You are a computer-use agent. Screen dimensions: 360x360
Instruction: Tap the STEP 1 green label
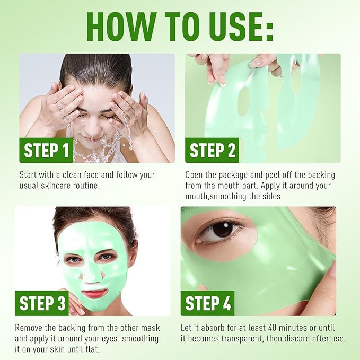pos(47,151)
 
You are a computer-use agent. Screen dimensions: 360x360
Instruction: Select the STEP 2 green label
pos(212,151)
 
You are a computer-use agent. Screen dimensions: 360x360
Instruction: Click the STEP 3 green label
pos(42,303)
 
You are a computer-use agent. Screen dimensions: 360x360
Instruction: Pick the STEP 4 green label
pos(207,303)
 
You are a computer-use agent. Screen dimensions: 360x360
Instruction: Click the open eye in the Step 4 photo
pos(221,229)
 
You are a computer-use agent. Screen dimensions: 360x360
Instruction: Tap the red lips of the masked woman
pos(94,293)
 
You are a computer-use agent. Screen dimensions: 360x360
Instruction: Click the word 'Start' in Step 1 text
pos(30,175)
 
